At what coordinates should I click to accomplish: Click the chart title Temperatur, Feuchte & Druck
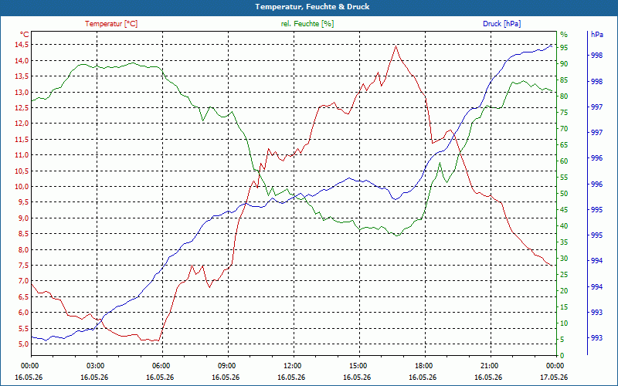(312, 7)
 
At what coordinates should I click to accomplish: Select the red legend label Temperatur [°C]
(111, 24)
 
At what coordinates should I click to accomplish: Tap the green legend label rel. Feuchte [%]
(307, 24)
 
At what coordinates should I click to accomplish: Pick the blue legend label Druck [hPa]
(501, 24)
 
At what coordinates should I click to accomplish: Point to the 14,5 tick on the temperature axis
(21, 45)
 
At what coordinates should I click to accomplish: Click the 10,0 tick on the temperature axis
(21, 186)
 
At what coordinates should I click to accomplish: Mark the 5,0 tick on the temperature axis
(22, 344)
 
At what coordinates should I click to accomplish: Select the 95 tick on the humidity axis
(564, 48)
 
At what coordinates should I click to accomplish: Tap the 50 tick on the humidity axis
(564, 194)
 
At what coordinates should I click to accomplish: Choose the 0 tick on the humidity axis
(562, 355)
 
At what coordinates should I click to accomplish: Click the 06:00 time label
(162, 365)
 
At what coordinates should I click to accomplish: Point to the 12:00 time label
(294, 365)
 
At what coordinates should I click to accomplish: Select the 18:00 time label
(426, 365)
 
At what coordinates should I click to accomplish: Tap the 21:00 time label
(491, 365)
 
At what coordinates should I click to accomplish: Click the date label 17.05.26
(554, 378)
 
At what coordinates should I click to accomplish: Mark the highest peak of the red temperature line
(396, 46)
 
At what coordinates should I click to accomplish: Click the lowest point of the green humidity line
(397, 235)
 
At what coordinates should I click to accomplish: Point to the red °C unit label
(25, 34)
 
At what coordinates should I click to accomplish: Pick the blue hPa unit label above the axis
(596, 34)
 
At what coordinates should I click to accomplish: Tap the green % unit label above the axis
(564, 34)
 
